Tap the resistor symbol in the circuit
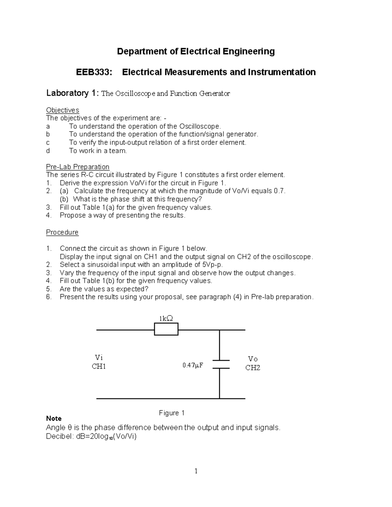pyautogui.click(x=166, y=329)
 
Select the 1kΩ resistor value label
pyautogui.click(x=166, y=318)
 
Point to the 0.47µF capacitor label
pyautogui.click(x=193, y=365)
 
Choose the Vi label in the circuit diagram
pyautogui.click(x=99, y=357)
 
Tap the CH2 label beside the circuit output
pyautogui.click(x=253, y=368)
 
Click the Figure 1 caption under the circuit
pyautogui.click(x=172, y=413)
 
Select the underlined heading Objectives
pyautogui.click(x=62, y=110)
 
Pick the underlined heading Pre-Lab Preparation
pyautogui.click(x=77, y=167)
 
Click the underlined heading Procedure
pyautogui.click(x=62, y=232)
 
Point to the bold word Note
pyautogui.click(x=54, y=419)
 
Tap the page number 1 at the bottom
pyautogui.click(x=196, y=471)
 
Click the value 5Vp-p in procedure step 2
pyautogui.click(x=212, y=265)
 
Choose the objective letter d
pyautogui.click(x=48, y=151)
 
